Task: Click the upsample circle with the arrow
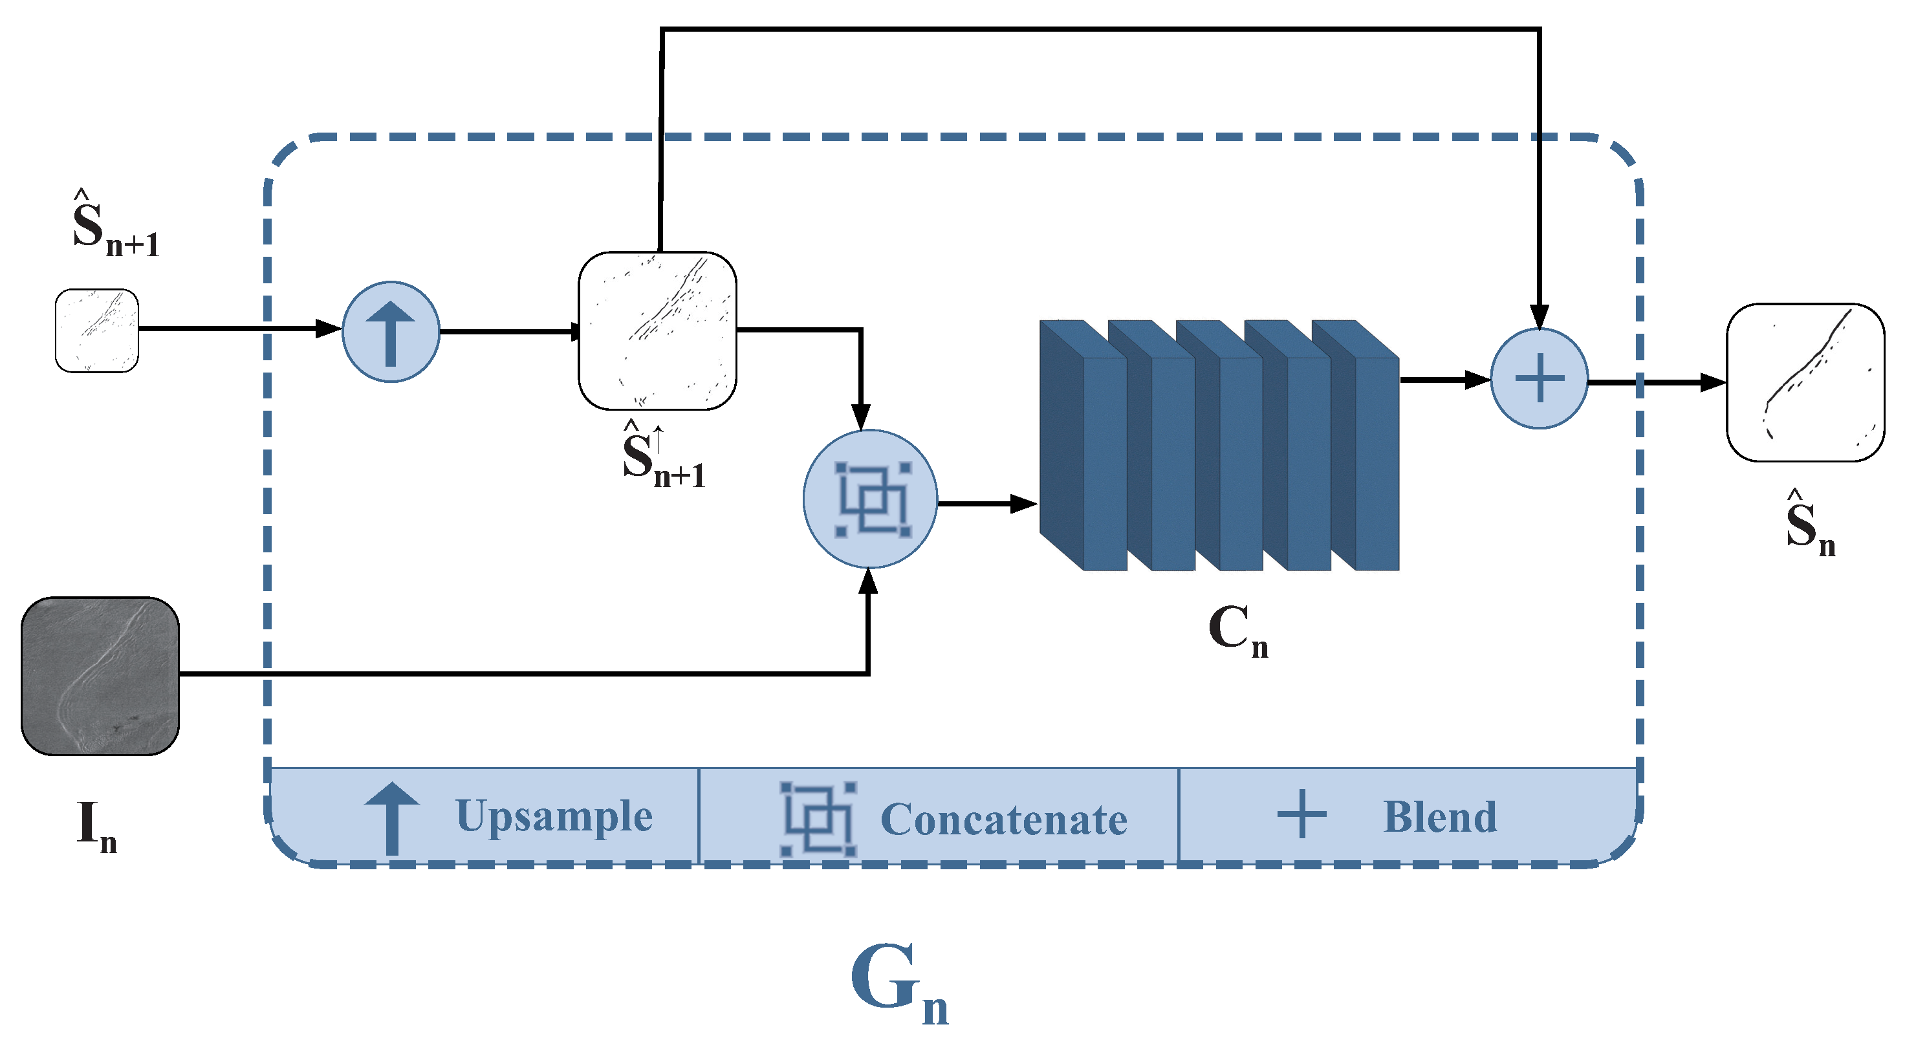pyautogui.click(x=391, y=332)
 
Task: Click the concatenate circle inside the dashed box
pyautogui.click(x=870, y=499)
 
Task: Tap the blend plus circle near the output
pyautogui.click(x=1540, y=378)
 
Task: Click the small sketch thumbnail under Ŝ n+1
pyautogui.click(x=96, y=331)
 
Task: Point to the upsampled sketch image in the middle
pyautogui.click(x=657, y=331)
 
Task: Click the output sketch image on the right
pyautogui.click(x=1805, y=383)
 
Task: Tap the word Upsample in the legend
pyautogui.click(x=554, y=817)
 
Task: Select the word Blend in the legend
pyautogui.click(x=1440, y=818)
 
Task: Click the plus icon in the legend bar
pyautogui.click(x=1301, y=814)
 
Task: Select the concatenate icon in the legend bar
pyautogui.click(x=818, y=818)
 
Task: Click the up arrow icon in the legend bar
pyautogui.click(x=392, y=818)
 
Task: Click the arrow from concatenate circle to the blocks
pyautogui.click(x=989, y=504)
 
